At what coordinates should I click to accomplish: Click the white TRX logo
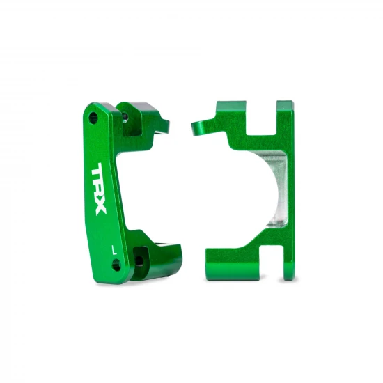(x=100, y=189)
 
